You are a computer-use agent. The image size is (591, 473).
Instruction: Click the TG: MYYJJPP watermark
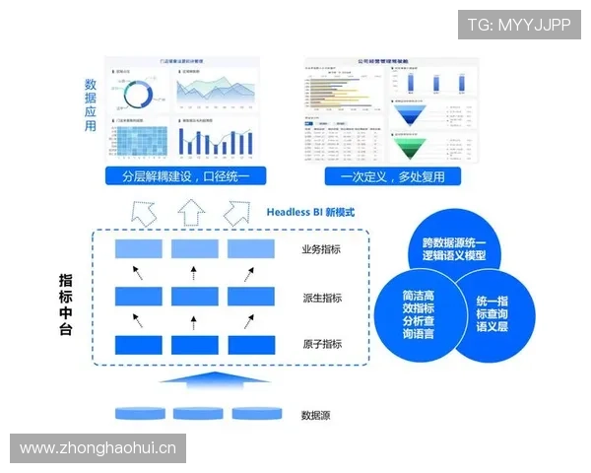tap(518, 24)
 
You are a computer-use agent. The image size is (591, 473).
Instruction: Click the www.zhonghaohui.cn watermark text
tap(98, 448)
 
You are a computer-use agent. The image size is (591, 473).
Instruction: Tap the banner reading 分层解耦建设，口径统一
tap(186, 177)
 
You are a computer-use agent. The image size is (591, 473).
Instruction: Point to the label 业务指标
tap(321, 249)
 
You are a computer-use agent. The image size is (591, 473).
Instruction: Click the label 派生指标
tap(321, 298)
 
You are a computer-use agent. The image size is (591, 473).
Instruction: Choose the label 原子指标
tap(321, 344)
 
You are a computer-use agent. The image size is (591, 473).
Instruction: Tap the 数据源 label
tap(315, 415)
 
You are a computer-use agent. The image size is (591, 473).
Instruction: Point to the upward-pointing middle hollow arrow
tap(192, 211)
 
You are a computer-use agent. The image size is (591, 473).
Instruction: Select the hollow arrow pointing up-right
tap(239, 212)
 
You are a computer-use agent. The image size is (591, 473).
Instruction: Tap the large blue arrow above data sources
tap(192, 382)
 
